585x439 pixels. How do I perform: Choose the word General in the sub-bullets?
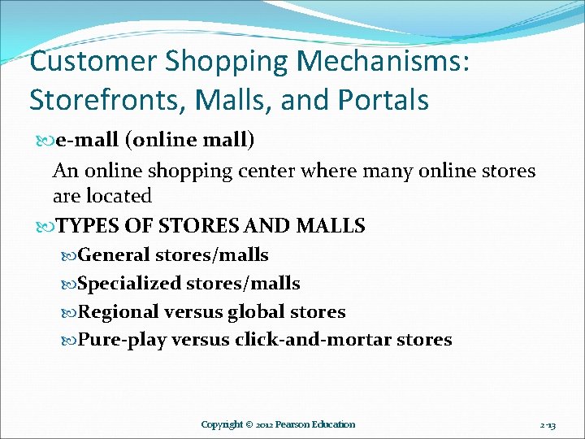[x=115, y=255]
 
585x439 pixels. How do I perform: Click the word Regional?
[x=119, y=312]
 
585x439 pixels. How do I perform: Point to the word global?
[x=259, y=312]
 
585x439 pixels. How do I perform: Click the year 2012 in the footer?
[x=264, y=424]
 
